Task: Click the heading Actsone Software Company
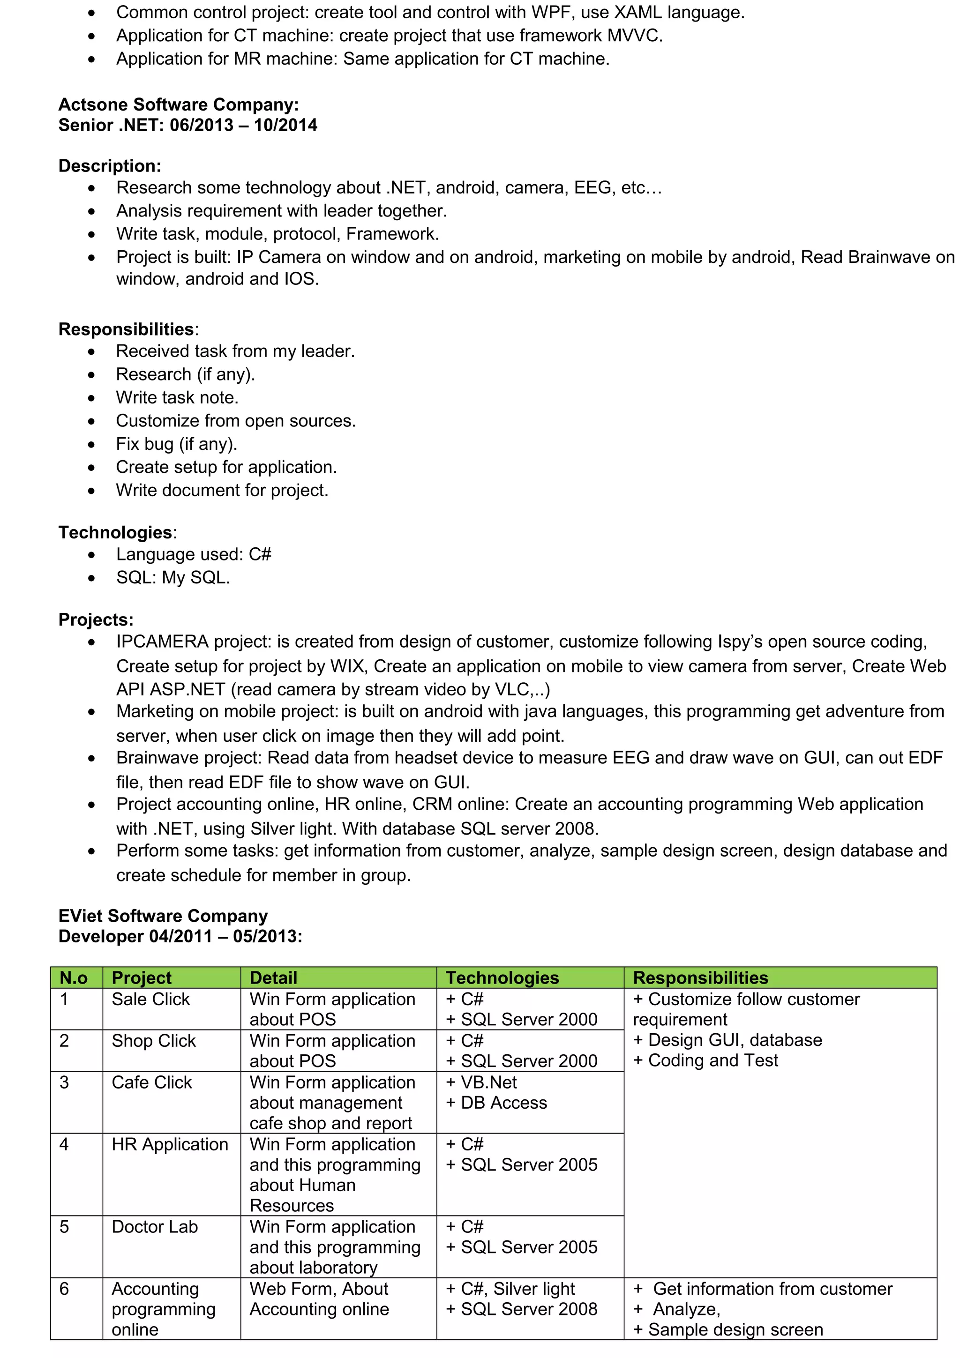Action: (x=178, y=104)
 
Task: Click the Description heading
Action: (x=109, y=166)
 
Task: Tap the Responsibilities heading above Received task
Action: (x=126, y=329)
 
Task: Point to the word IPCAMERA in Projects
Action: (x=162, y=642)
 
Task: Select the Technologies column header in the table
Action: (x=502, y=977)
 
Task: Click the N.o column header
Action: (x=73, y=977)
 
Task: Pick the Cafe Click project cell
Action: (x=151, y=1082)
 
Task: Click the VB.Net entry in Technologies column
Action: (x=481, y=1082)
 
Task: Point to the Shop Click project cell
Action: (x=153, y=1041)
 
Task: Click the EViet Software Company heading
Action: (x=163, y=916)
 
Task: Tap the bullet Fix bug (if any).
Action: (x=176, y=444)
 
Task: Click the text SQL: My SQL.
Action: (x=172, y=578)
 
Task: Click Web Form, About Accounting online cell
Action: (x=319, y=1299)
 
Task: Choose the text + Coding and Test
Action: (x=705, y=1060)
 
